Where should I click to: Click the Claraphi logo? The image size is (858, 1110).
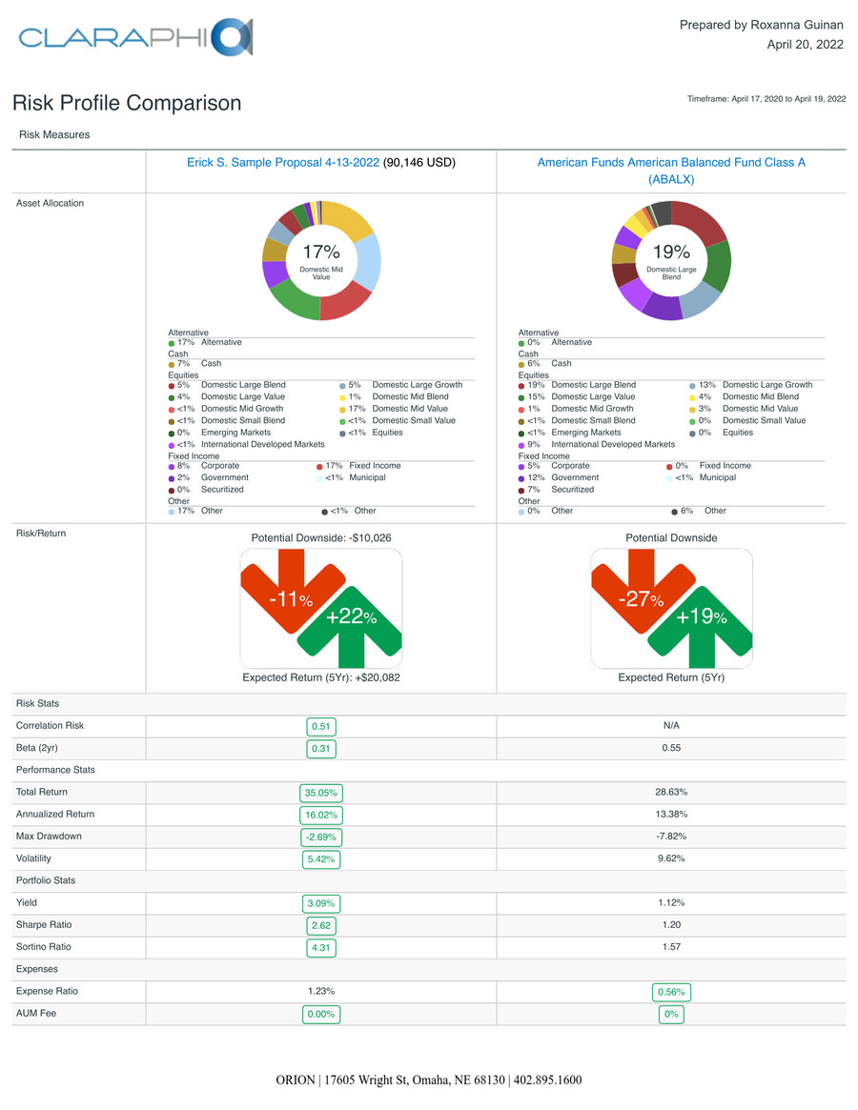[135, 37]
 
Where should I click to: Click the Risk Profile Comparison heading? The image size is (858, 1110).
[127, 103]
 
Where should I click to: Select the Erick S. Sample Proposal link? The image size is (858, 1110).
[283, 163]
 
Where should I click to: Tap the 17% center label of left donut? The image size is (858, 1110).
[321, 252]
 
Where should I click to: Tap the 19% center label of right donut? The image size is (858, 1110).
[671, 252]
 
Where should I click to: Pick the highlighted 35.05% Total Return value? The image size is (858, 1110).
[321, 793]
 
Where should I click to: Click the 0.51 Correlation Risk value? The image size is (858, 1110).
[321, 726]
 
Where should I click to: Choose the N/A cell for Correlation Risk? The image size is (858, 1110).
[671, 726]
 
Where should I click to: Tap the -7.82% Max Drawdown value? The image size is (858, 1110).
[671, 837]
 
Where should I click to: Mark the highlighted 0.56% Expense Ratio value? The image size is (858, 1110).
[671, 992]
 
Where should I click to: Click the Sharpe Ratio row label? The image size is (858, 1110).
[44, 925]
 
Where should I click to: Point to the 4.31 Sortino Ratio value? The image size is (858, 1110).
[321, 948]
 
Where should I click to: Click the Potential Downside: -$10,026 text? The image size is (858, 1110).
[321, 538]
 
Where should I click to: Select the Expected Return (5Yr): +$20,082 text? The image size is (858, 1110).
[321, 678]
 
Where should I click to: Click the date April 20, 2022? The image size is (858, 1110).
[805, 45]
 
